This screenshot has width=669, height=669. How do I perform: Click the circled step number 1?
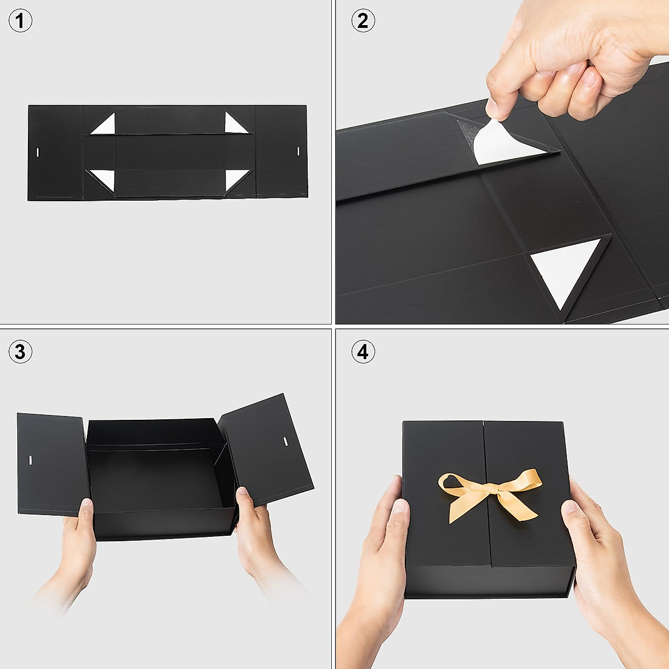[21, 21]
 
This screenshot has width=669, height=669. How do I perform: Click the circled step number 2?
[363, 21]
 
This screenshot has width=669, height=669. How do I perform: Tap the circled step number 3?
[21, 352]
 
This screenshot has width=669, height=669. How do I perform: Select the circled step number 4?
[363, 352]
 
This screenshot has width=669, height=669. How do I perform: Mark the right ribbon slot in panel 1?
[298, 151]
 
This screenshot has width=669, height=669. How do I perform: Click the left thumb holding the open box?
[86, 510]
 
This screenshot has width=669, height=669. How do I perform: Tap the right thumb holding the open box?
[244, 499]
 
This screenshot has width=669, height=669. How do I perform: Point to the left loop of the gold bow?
[454, 482]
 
